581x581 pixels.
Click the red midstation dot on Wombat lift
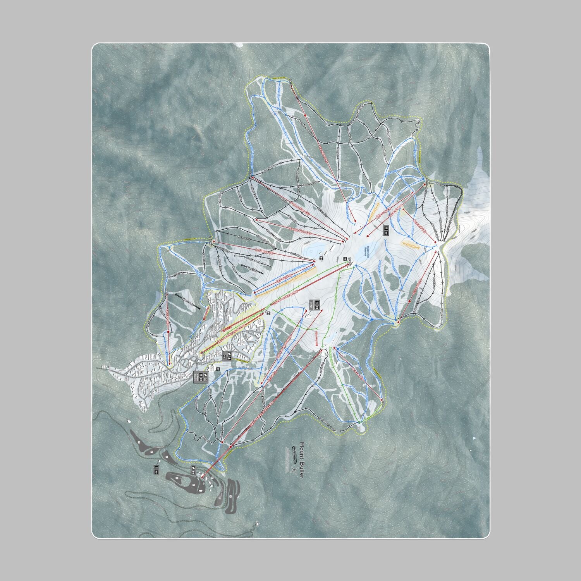(305, 115)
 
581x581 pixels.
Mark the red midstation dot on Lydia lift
(168, 332)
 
